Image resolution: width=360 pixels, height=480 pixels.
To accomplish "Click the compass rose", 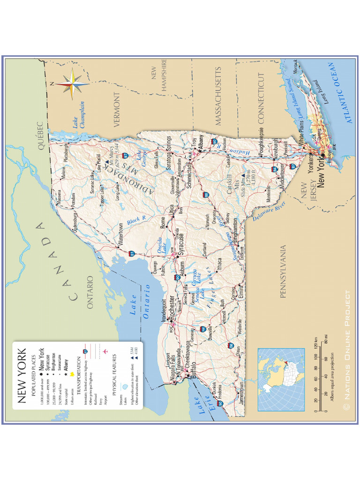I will (71, 84).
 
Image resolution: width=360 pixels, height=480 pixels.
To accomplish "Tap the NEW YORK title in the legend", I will (22, 376).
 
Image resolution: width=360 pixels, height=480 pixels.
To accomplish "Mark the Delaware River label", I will (269, 211).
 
